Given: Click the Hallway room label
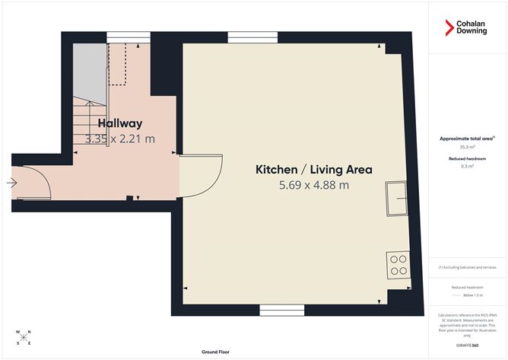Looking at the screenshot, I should (120, 123).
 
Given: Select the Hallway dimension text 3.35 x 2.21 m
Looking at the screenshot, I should (120, 139).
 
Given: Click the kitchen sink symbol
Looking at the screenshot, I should (396, 198).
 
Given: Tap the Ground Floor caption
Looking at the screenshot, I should (216, 352).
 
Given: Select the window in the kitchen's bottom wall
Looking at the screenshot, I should (282, 310).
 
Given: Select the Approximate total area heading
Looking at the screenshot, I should (467, 139).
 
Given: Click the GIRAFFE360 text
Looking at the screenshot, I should (467, 346).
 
